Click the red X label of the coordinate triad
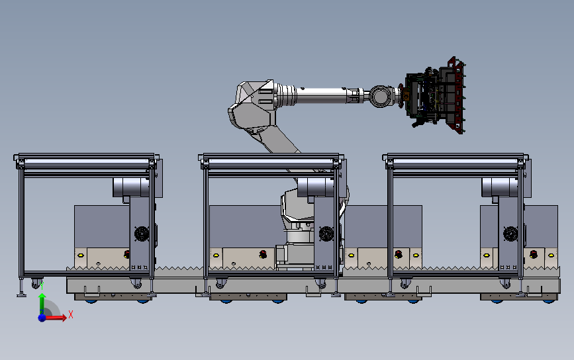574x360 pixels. coord(71,314)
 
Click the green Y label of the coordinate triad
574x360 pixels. coord(42,285)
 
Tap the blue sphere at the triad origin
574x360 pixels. coord(42,318)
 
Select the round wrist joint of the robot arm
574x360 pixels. coord(380,96)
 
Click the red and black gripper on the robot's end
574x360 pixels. coord(435,95)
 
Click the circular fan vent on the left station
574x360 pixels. coord(141,234)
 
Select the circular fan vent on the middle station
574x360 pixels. coord(326,234)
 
